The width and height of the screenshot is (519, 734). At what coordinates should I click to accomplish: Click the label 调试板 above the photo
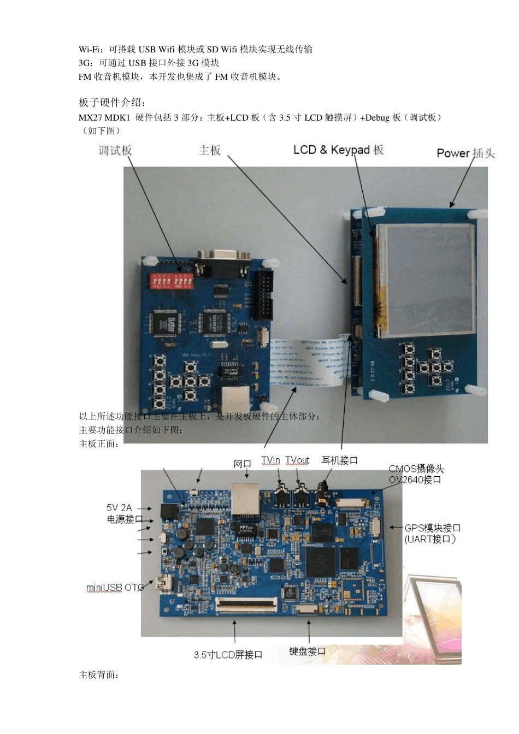point(115,151)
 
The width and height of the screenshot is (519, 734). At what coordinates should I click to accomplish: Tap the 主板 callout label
point(209,150)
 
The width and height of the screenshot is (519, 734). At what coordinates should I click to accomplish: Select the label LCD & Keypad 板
point(338,150)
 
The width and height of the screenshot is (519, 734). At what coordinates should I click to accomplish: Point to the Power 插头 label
point(465,153)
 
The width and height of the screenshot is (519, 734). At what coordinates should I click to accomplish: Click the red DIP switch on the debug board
point(172,281)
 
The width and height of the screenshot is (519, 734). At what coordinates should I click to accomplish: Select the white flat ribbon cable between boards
point(308,361)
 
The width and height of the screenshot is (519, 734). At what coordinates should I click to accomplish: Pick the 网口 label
point(242,464)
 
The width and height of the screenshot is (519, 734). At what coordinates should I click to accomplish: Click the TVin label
point(270,460)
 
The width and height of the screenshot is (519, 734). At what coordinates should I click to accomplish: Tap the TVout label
point(297,460)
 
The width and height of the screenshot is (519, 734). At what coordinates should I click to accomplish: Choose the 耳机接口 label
point(339,460)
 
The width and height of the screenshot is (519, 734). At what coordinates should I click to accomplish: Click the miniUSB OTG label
point(115,588)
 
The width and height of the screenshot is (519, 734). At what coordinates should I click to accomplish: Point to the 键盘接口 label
point(308,651)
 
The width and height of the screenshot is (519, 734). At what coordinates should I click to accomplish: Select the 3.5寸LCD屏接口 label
point(228,654)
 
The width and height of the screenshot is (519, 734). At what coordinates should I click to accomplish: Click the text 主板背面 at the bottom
point(98,675)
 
